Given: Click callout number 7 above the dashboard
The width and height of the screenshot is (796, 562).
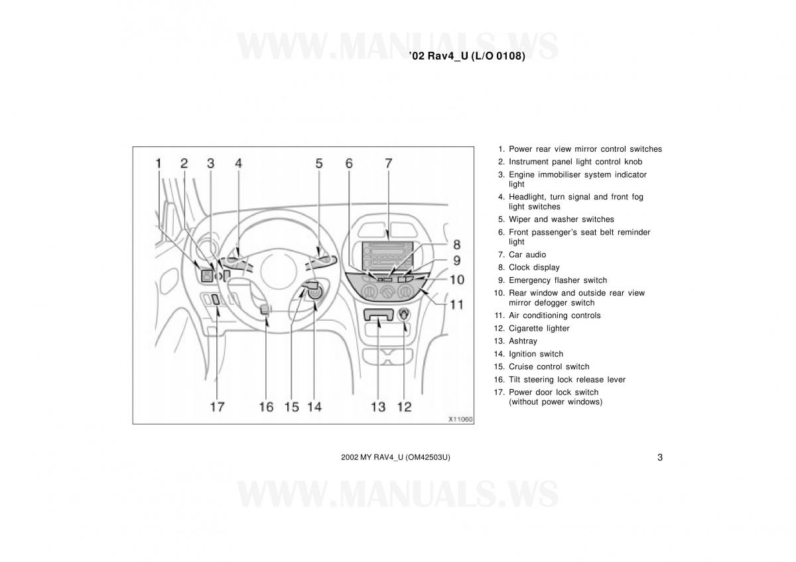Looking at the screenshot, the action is [389, 163].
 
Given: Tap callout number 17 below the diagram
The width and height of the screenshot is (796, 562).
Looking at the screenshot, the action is [217, 406].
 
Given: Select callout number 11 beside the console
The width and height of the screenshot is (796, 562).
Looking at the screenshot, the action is [456, 305].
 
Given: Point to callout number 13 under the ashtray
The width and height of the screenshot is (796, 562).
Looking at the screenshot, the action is [378, 406].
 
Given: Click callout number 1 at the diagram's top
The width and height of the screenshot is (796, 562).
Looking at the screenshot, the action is [159, 163].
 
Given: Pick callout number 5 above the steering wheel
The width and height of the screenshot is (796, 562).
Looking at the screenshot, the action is [319, 163].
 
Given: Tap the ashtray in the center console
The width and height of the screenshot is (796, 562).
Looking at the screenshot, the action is [379, 315].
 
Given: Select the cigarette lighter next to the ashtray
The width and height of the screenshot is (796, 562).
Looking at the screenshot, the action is [405, 315].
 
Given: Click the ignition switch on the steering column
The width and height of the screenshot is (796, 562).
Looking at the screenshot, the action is [316, 293].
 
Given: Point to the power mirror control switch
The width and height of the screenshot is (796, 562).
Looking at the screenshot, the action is [207, 276].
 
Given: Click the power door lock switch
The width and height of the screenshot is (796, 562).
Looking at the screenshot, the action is [216, 300].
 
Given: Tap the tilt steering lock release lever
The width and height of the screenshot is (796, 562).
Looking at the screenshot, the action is [265, 309].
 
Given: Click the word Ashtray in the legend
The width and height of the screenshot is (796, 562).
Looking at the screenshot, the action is [523, 341].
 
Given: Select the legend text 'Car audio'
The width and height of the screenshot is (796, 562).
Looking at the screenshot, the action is [527, 254].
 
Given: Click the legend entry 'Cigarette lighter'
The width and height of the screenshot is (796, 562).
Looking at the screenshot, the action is [539, 329].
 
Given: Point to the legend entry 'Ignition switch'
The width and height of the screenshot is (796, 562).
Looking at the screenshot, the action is [536, 354].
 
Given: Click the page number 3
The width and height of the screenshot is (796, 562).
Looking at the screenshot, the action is [660, 457].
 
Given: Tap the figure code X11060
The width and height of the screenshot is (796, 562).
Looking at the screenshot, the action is [460, 420].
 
